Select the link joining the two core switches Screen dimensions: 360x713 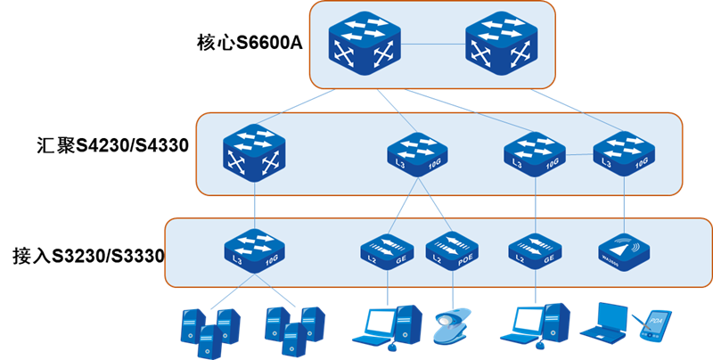tap(432, 44)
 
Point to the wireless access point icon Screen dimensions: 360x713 tap(624, 250)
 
